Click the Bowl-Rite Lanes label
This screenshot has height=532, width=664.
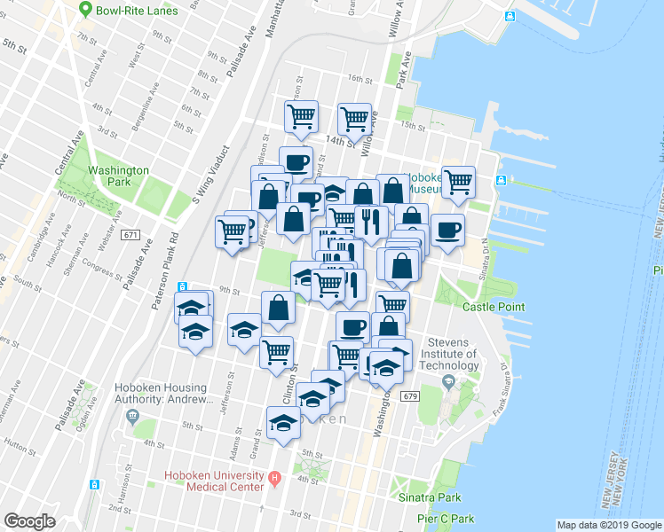coord(138,10)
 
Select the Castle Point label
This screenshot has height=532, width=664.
coord(494,307)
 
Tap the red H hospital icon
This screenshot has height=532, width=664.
coord(275,481)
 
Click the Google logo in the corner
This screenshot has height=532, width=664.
coord(29,521)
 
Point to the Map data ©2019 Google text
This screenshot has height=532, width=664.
coord(609,525)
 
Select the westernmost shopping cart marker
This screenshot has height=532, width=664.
coord(232,231)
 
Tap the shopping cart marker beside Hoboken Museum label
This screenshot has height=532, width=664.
coord(458,181)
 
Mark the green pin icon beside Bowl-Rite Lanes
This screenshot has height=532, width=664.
coord(85,10)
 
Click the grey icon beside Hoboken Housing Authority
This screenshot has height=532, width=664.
coord(134,416)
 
